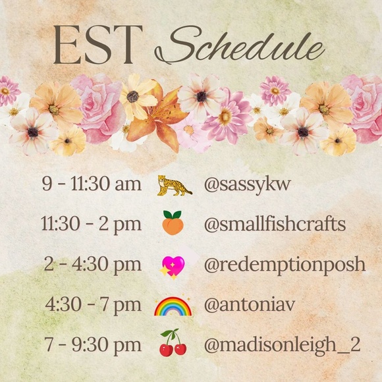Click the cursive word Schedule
[x=240, y=47]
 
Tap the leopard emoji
[x=174, y=185]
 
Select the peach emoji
[x=173, y=225]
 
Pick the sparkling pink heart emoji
[x=173, y=265]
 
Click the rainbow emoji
[x=173, y=306]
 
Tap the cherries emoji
[x=173, y=343]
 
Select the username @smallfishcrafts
[x=275, y=225]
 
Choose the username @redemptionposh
[x=284, y=265]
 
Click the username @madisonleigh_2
[x=282, y=344]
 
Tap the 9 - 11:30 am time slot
[x=92, y=185]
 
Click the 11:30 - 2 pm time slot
[x=91, y=225]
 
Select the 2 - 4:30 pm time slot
[x=92, y=265]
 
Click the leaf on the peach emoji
[x=173, y=215]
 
